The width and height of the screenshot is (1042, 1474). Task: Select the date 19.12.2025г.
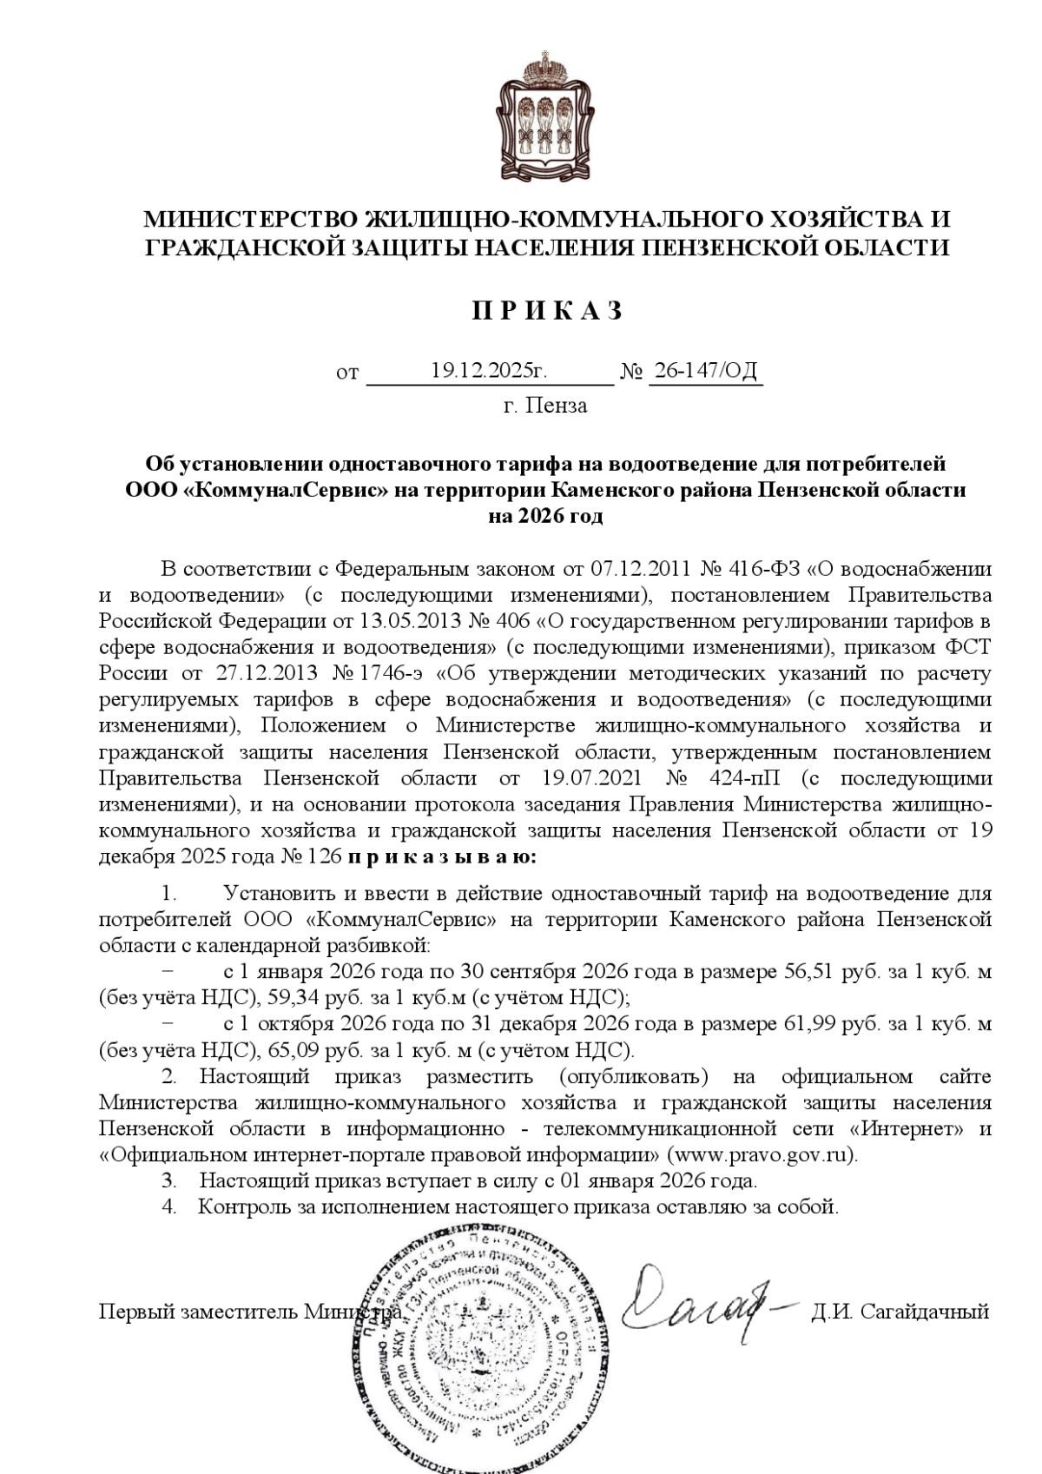[489, 372]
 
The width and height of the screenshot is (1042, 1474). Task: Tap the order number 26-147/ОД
[705, 372]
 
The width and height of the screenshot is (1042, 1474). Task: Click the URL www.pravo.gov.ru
[762, 1155]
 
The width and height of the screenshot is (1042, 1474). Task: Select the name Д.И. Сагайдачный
[900, 1312]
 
